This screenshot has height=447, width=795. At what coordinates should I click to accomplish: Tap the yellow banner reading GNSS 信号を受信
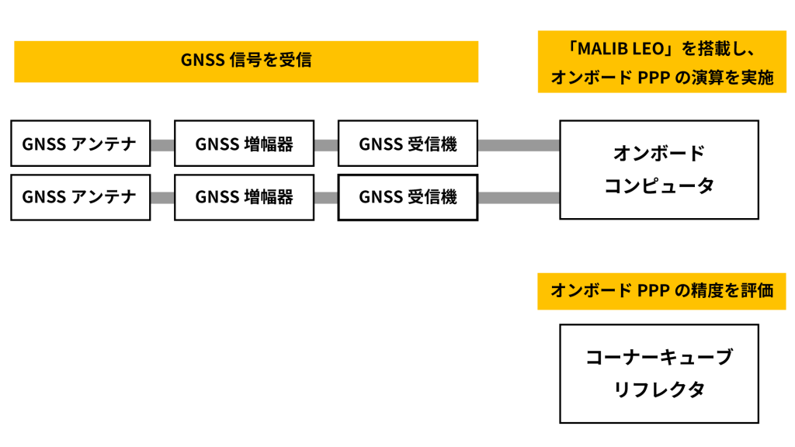(246, 61)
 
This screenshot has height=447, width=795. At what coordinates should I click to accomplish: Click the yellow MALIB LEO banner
(662, 62)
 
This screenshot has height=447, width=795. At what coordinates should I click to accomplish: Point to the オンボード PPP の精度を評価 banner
(661, 292)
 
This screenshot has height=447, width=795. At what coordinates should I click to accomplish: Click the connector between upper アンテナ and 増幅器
(162, 145)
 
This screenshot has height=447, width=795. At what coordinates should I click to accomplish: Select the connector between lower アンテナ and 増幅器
(162, 198)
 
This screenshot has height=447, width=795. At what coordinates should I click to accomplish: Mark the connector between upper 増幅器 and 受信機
(326, 145)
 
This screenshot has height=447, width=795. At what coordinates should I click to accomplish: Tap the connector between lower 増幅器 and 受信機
(326, 198)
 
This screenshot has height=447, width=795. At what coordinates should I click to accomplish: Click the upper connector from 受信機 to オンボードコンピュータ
(519, 145)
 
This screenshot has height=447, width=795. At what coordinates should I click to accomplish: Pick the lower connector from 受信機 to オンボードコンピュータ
(519, 198)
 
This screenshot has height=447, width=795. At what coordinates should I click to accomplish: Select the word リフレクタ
(659, 390)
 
